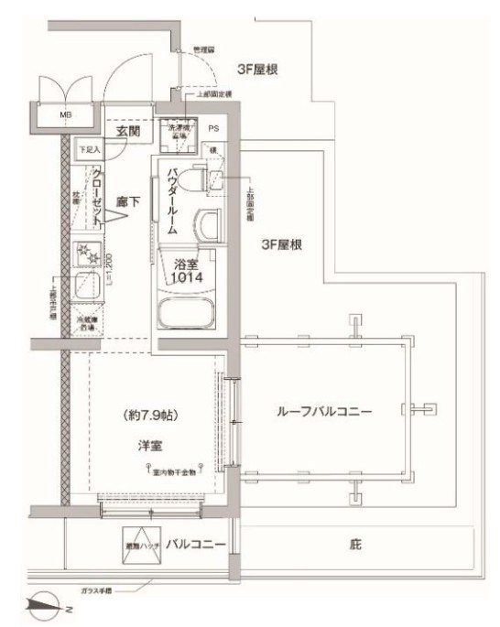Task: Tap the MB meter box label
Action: click(66, 116)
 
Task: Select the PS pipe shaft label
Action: click(213, 129)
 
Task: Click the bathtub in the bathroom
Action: click(190, 314)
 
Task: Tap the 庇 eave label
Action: click(355, 546)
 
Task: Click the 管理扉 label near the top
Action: click(203, 48)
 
